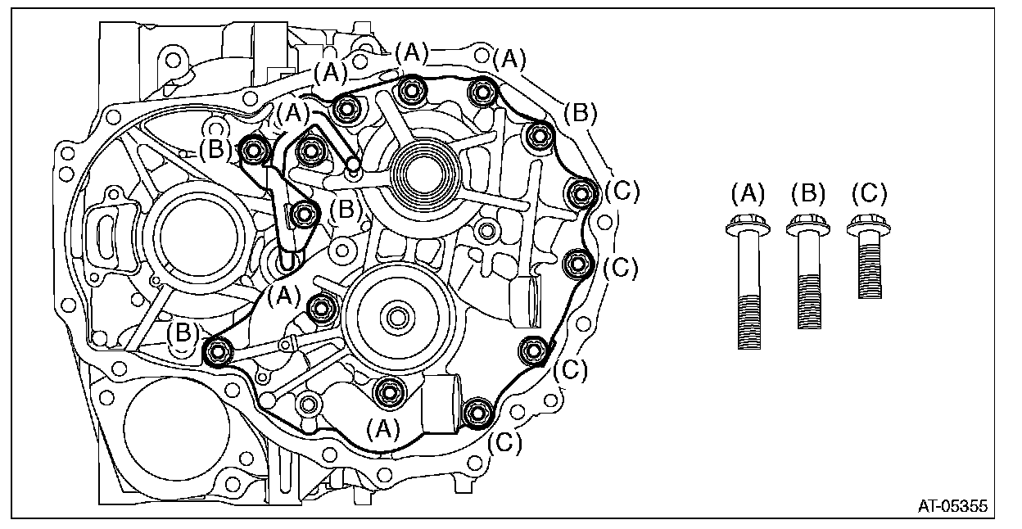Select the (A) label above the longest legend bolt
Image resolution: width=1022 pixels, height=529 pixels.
747,196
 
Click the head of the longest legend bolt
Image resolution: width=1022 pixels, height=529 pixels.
744,224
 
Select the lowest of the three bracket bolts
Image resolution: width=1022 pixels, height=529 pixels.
305,215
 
